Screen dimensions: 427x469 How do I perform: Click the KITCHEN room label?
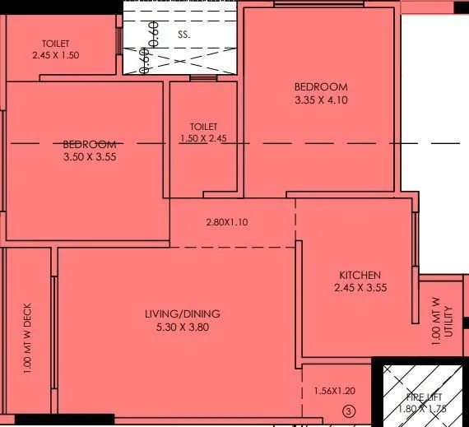pos(360,275)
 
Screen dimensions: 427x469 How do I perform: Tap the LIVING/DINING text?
pos(183,314)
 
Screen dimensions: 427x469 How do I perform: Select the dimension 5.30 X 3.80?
pos(183,327)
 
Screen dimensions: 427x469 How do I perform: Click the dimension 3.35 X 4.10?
pos(321,100)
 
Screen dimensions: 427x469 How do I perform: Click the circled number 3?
pos(349,411)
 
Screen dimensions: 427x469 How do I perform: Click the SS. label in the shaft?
pos(183,36)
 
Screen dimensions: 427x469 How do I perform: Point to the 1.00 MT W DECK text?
pos(28,338)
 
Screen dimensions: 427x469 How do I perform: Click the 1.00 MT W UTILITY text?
pos(443,324)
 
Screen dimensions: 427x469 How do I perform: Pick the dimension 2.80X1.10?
pos(227,222)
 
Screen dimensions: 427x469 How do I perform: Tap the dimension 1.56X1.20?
pos(334,392)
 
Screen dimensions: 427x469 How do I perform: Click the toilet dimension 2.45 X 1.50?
pos(57,56)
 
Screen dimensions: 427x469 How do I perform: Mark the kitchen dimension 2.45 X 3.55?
pos(360,288)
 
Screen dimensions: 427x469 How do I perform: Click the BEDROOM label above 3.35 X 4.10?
pos(321,87)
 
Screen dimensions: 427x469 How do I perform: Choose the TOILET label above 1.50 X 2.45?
pos(203,127)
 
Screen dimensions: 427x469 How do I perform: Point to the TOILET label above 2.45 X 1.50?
pos(57,44)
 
